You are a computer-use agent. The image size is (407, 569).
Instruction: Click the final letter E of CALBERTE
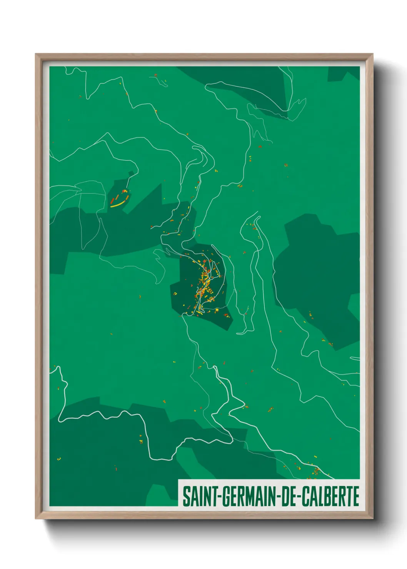click(x=355, y=496)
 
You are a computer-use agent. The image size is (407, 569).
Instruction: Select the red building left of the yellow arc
click(x=112, y=200)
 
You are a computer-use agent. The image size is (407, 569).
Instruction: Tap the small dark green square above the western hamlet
click(x=131, y=173)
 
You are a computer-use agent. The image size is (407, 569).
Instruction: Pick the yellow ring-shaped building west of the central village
click(x=175, y=294)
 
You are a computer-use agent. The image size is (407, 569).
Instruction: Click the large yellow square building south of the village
click(x=217, y=309)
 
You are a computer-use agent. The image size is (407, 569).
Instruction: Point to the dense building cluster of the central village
click(x=205, y=279)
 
